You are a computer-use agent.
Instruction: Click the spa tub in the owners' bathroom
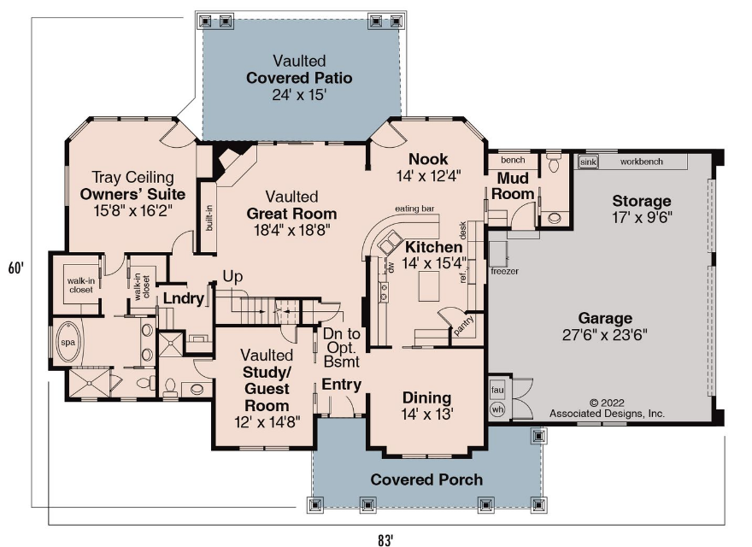tap(68, 342)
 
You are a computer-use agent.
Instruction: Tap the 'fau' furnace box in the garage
tap(497, 390)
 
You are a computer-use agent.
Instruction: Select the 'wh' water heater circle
tap(497, 409)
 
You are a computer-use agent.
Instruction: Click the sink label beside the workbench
tap(588, 162)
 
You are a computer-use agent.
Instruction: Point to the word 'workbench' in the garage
tap(641, 162)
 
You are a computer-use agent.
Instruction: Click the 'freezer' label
tap(504, 271)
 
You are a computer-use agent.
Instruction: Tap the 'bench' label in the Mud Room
tap(513, 160)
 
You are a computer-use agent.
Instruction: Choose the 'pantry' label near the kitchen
tap(463, 325)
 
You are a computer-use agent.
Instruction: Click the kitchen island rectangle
tap(429, 286)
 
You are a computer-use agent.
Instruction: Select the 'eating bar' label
tap(414, 209)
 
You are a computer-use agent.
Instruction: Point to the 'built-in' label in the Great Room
tap(209, 218)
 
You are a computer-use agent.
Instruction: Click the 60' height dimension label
tap(16, 268)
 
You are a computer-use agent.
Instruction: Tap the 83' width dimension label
tap(385, 540)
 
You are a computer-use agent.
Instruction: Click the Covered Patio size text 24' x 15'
tap(299, 95)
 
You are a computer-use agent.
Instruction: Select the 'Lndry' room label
tap(184, 298)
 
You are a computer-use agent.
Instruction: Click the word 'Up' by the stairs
tap(232, 276)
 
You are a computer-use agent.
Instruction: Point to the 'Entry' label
tap(342, 385)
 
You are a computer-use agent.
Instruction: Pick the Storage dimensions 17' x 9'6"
tap(642, 217)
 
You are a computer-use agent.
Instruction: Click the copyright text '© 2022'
tap(606, 403)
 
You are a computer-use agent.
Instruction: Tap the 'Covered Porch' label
tap(426, 479)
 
